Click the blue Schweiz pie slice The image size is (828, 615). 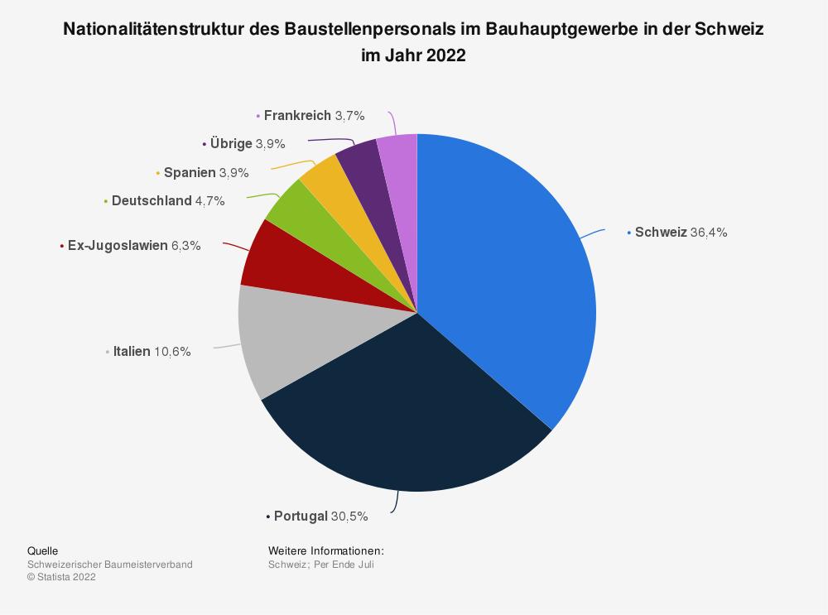pos(505,265)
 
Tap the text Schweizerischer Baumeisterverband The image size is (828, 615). pos(110,565)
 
